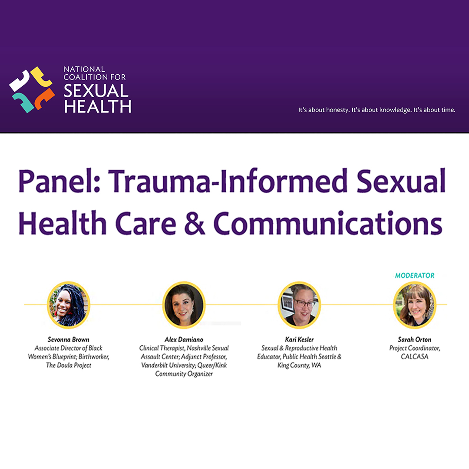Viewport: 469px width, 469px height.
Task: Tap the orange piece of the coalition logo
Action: pos(44,99)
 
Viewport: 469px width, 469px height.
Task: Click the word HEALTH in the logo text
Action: pos(98,106)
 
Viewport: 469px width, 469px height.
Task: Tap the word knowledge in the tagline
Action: pos(395,110)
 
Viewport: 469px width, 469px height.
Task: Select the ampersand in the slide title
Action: pos(195,224)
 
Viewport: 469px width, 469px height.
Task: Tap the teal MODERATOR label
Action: pos(415,275)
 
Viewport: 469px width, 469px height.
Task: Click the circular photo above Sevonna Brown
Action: pos(69,304)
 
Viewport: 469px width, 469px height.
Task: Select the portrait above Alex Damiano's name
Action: pos(184,304)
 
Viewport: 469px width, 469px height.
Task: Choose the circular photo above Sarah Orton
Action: pos(415,304)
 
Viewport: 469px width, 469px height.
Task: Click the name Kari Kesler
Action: pos(299,340)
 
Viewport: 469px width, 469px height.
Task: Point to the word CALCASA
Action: pos(415,357)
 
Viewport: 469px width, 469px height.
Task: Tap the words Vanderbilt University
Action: pos(168,365)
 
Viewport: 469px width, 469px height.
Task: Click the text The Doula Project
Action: pos(69,365)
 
